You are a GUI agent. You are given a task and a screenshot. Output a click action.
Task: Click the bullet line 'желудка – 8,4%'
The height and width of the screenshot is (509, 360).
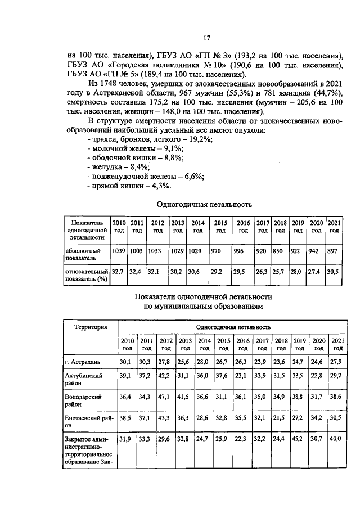(119, 167)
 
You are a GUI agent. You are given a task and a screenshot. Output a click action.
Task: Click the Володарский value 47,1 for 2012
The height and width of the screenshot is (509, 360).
(165, 397)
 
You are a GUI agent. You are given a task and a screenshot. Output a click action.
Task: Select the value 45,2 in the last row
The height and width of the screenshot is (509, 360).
(299, 439)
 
